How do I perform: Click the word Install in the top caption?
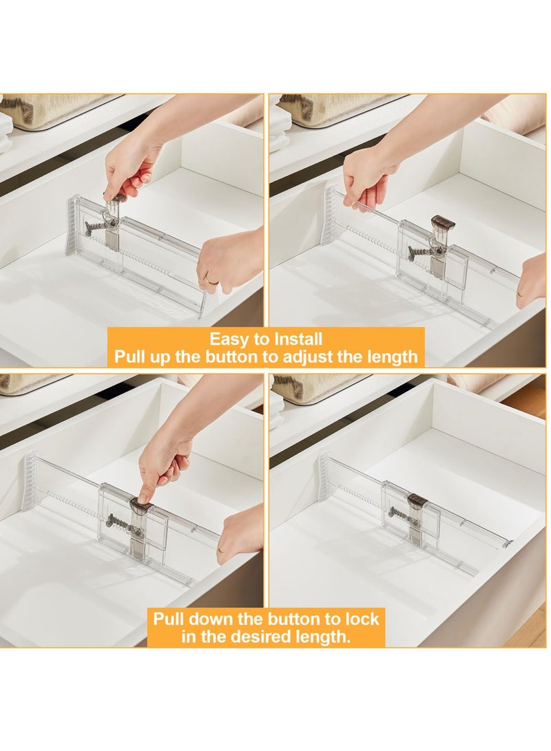[297, 339]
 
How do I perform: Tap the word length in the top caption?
[393, 357]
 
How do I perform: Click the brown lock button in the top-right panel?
[442, 224]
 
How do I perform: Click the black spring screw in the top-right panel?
[420, 252]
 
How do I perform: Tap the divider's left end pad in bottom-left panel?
[28, 481]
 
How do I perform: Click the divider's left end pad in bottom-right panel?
[323, 476]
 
